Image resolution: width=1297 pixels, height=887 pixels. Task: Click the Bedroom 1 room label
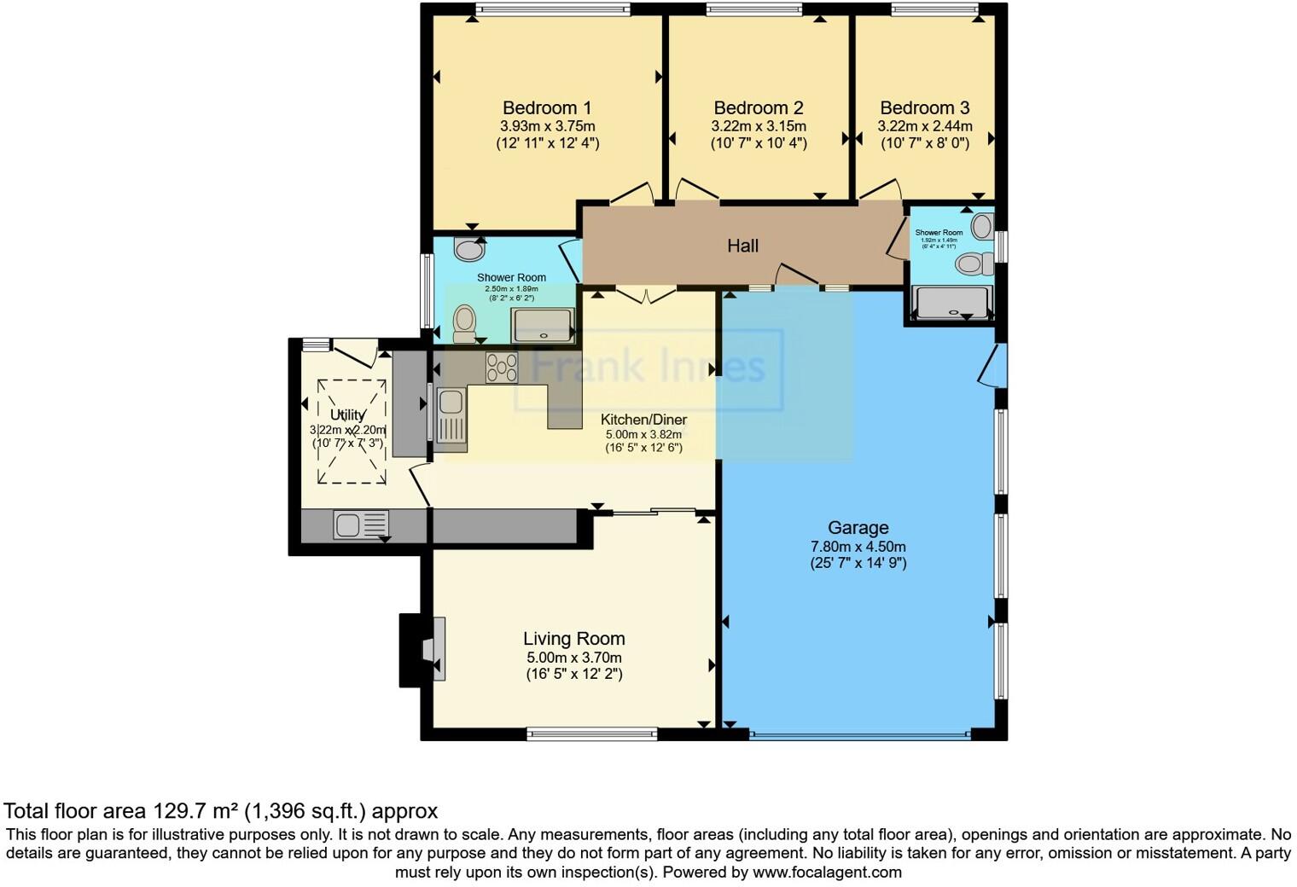coord(547,108)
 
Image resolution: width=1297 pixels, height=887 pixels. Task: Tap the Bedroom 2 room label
coord(759,108)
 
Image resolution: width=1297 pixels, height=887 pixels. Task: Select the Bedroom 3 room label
coord(924,108)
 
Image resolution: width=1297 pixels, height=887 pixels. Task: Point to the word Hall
coord(742,246)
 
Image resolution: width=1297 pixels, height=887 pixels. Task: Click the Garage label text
coord(858,528)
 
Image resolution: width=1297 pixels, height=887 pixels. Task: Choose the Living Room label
coord(573,639)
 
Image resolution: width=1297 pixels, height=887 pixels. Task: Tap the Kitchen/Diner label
coord(643,420)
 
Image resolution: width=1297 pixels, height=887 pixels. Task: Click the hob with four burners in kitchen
coord(501,367)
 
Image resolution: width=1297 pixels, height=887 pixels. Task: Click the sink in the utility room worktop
coord(360,525)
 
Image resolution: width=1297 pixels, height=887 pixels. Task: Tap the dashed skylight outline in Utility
coord(352,431)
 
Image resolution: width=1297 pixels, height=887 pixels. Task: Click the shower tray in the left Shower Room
coord(542,326)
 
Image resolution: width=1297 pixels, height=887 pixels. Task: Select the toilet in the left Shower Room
coord(464,322)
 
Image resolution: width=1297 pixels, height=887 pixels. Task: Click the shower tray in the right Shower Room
coord(951,302)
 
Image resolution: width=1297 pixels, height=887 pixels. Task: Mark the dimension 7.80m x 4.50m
coord(858,547)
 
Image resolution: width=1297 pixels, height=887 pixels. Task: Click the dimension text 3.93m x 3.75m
coord(547,126)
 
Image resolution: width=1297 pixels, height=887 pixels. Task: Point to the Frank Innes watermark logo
coord(648,368)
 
